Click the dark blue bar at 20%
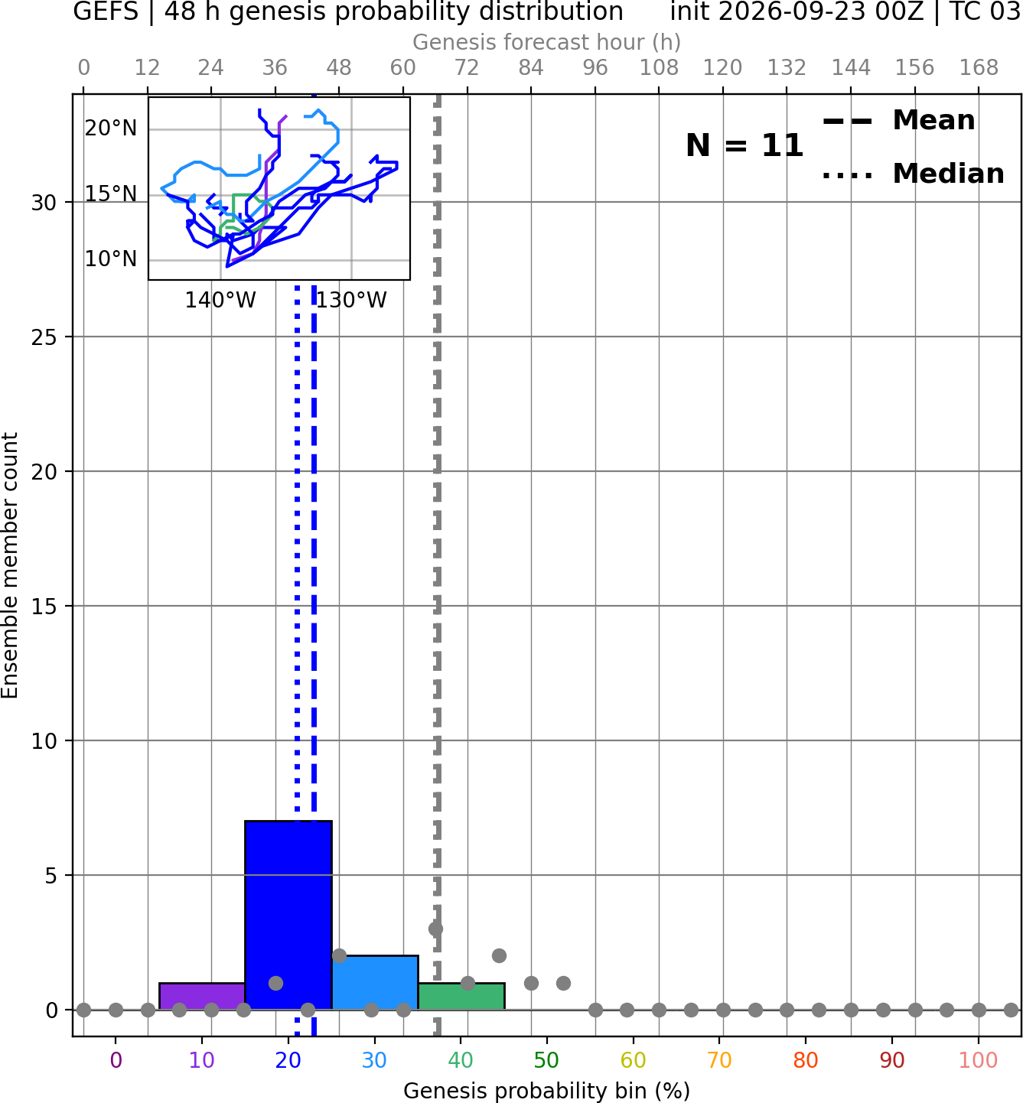coord(288,915)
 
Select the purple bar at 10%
coord(202,997)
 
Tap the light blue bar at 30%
coord(374,982)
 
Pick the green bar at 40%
coord(461,997)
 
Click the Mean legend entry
coord(898,121)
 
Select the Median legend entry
coord(913,174)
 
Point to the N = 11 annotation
coord(744,145)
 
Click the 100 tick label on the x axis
coord(979,1060)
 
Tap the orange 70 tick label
coord(719,1060)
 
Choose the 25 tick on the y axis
coord(44,337)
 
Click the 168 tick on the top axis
coord(979,68)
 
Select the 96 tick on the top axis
coord(595,68)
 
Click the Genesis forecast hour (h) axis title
coord(547,42)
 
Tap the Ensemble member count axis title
coord(10,565)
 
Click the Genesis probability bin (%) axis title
coord(547,1091)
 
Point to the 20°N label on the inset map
coord(111,129)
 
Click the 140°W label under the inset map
coord(220,301)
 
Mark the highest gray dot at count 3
coord(435,929)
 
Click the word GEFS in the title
coord(106,11)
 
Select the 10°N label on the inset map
coord(111,259)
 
